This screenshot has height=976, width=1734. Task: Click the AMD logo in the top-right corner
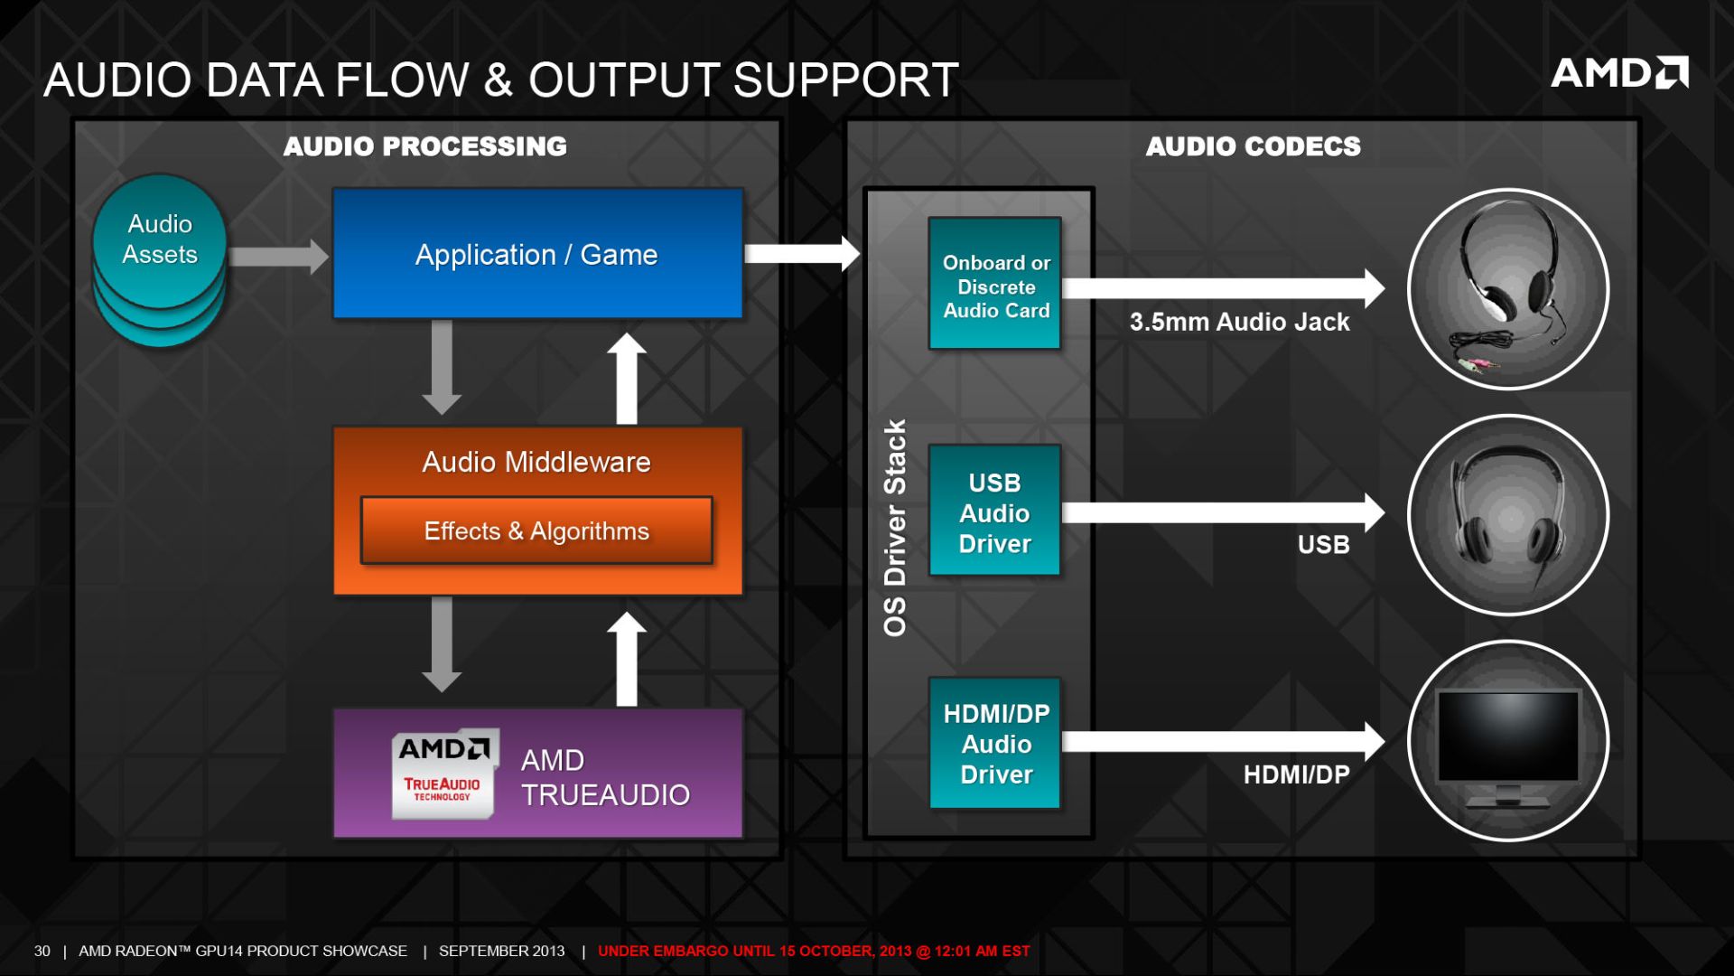point(1619,72)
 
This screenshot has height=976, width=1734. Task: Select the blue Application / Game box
point(538,254)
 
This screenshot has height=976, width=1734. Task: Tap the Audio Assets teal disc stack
point(160,261)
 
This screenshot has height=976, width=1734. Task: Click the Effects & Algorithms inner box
point(536,530)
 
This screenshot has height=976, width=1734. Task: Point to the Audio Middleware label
point(536,462)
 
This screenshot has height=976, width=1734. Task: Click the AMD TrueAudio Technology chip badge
point(444,774)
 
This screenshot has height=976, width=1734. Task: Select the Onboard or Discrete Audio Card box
point(995,284)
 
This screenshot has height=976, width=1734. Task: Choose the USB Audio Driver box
point(994,511)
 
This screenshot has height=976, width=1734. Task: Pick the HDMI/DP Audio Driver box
point(995,743)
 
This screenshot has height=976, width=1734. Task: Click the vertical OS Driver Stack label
point(894,528)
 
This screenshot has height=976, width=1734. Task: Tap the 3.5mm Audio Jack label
point(1239,322)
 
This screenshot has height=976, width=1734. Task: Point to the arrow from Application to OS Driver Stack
point(802,254)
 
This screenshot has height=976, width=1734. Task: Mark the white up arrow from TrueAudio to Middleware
point(627,660)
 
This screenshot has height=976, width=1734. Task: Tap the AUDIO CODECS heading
point(1253,146)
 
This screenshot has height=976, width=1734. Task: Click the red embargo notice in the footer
point(814,951)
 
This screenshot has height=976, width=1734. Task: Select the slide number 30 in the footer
point(42,951)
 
